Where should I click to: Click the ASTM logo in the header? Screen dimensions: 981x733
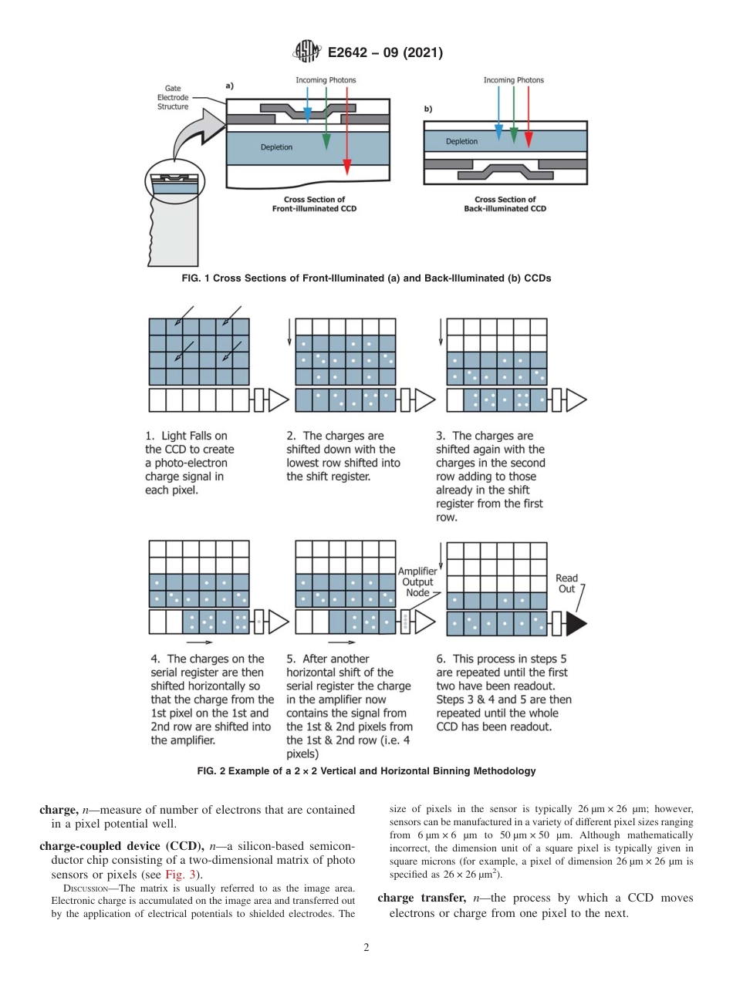click(307, 52)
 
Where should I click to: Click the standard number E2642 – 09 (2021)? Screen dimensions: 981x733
click(384, 53)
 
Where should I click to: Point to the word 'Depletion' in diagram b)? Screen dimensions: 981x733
click(461, 142)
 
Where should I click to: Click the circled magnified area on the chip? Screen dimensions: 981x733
click(176, 183)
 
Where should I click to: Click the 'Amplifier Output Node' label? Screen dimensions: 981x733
click(418, 582)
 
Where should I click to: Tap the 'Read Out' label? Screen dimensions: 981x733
click(566, 584)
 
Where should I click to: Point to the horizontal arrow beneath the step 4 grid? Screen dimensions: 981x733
click(199, 642)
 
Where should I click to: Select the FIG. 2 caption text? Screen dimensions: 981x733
click(366, 770)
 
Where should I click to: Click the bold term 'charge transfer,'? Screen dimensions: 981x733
click(421, 898)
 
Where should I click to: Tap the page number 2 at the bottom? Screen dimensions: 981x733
click(366, 948)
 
